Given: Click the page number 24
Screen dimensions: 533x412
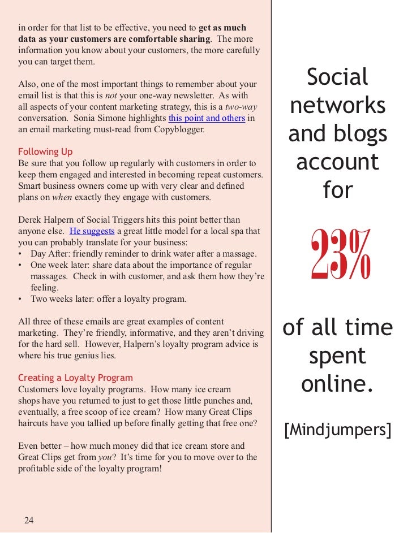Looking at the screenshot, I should click(29, 521).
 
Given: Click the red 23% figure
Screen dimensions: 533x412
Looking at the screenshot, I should click(340, 255).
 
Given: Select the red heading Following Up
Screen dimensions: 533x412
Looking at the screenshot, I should click(45, 151).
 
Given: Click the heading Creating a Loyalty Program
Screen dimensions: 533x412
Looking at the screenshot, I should click(75, 378).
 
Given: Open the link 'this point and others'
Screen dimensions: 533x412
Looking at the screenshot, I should click(207, 118).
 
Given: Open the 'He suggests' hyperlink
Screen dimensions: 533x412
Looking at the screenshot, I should click(92, 231).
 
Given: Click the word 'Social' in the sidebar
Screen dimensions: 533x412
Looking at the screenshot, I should click(337, 77).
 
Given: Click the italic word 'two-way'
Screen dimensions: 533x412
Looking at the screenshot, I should click(241, 107).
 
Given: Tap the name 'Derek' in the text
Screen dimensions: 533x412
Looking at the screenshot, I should click(31, 219).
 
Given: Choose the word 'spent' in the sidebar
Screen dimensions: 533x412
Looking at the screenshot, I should click(337, 356).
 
